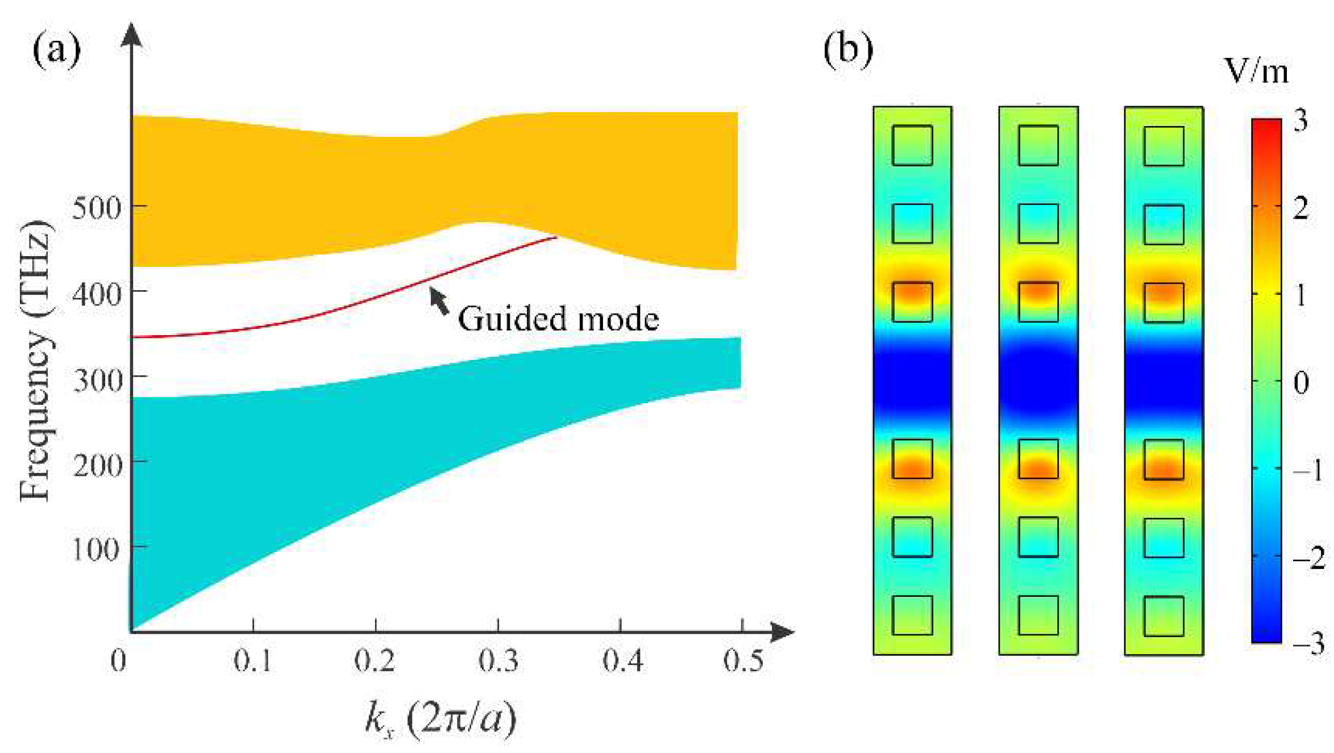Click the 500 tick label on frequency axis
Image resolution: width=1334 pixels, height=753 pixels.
pyautogui.click(x=97, y=208)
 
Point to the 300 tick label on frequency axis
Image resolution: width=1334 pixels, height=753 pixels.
pyautogui.click(x=98, y=380)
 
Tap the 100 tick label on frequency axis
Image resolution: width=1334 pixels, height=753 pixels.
pyautogui.click(x=95, y=549)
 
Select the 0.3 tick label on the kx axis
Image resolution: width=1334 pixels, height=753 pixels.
pyautogui.click(x=498, y=660)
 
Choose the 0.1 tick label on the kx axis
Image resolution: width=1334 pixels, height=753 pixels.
pyautogui.click(x=253, y=660)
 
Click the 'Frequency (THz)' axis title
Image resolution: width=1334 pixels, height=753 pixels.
pyautogui.click(x=36, y=361)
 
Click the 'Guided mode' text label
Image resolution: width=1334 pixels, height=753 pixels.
pyautogui.click(x=558, y=319)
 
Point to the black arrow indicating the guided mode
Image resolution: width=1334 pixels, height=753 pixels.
pyautogui.click(x=438, y=300)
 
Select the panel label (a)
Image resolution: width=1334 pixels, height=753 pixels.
pyautogui.click(x=56, y=49)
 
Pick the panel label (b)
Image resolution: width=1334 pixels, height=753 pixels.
pyautogui.click(x=848, y=49)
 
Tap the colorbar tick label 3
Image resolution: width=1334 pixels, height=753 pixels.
pyautogui.click(x=1300, y=121)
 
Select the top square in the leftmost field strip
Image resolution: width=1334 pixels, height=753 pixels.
pyautogui.click(x=912, y=145)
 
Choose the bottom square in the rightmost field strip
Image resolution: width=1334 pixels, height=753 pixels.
pyautogui.click(x=1163, y=616)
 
